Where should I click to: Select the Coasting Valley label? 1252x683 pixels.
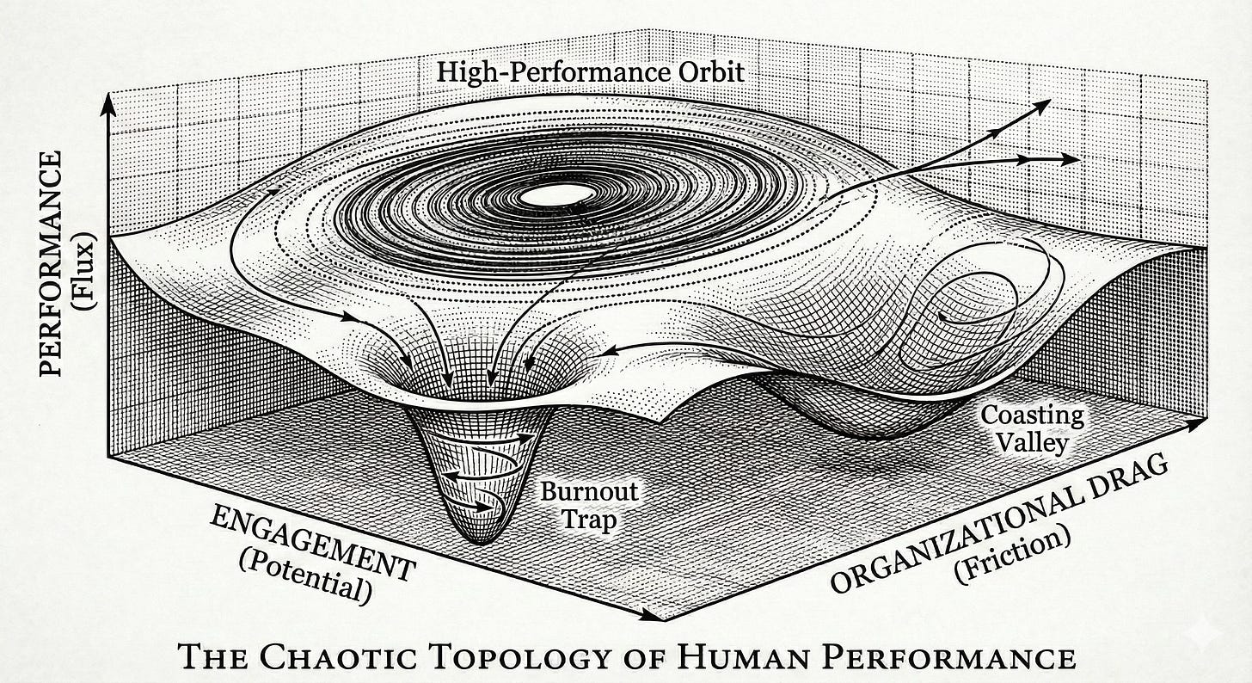pos(1033,428)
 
